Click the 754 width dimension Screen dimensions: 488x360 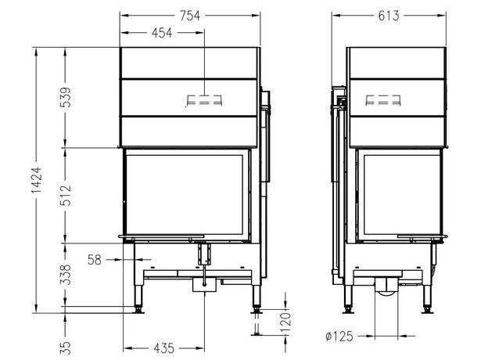190,15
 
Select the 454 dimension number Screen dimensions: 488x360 162,33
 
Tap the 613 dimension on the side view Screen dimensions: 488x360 389,15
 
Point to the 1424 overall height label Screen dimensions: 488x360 37,180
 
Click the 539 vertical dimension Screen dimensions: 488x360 66,98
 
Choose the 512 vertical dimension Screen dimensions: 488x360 66,195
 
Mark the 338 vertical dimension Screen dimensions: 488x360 66,275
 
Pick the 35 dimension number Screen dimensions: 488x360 66,347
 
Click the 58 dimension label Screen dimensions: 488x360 95,260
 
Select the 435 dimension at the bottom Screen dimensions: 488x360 164,348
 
